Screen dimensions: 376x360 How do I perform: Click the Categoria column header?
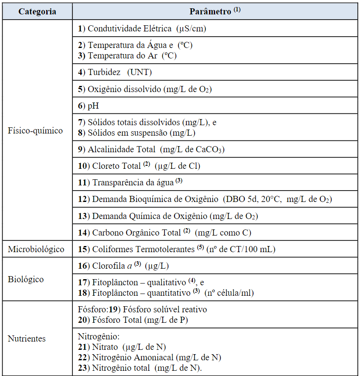point(37,12)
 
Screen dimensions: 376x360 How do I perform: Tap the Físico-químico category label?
point(35,130)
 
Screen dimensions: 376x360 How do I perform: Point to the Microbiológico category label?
point(36,249)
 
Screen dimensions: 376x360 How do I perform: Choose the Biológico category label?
point(26,279)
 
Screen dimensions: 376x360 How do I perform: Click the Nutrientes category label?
point(27,338)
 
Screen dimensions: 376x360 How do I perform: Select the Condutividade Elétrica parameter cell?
point(142,29)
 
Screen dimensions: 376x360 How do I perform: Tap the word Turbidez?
point(104,72)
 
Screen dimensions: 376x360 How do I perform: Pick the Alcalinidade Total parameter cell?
point(151,149)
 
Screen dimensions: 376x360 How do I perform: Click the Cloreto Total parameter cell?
point(139,166)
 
